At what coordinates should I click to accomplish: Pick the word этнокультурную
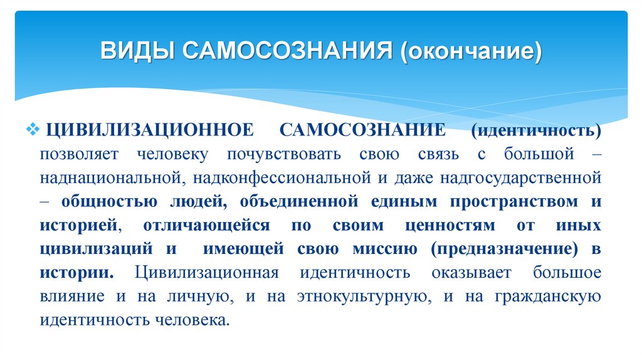(x=352, y=296)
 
